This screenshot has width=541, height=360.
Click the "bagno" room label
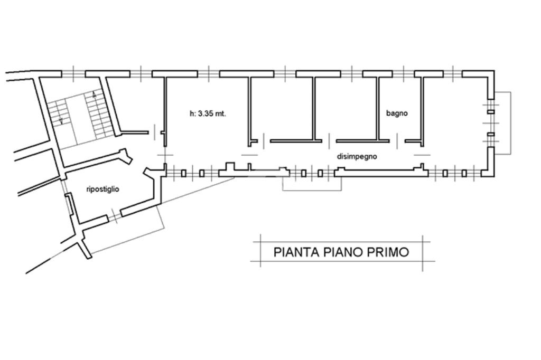[x=397, y=113]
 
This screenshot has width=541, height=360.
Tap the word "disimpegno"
[x=357, y=157]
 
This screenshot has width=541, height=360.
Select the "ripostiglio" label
[x=102, y=189]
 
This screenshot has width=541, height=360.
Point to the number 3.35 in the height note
[x=206, y=113]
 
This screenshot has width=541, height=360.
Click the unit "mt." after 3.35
[x=220, y=114]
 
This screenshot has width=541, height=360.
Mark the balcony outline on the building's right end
[x=511, y=123]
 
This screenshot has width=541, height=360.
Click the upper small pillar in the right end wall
[x=491, y=112]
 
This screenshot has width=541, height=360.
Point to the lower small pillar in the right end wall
[x=491, y=134]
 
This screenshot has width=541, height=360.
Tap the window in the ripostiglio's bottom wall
[x=114, y=215]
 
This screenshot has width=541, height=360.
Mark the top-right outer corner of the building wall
[x=495, y=71]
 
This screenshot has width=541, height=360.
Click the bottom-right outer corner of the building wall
[x=495, y=177]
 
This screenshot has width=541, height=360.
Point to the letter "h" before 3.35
[x=191, y=113]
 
